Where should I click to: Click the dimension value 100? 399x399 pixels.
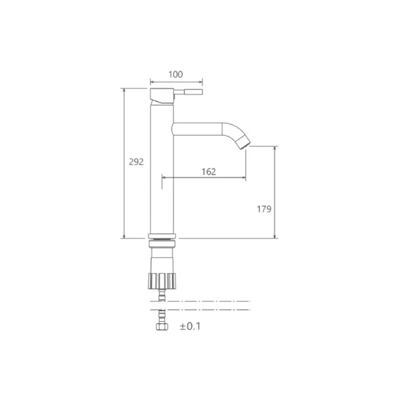(x=176, y=74)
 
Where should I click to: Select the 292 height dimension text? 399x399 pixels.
(x=136, y=162)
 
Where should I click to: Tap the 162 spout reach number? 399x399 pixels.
(x=209, y=172)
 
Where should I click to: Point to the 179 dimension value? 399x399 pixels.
(x=264, y=209)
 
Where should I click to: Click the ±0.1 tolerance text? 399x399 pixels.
(x=190, y=327)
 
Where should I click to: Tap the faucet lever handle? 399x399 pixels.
(x=188, y=92)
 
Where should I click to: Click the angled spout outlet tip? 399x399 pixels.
(x=245, y=142)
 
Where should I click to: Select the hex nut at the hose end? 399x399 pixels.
(x=162, y=327)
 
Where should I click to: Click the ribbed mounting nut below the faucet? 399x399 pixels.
(x=162, y=281)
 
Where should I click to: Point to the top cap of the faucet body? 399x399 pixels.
(x=162, y=96)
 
